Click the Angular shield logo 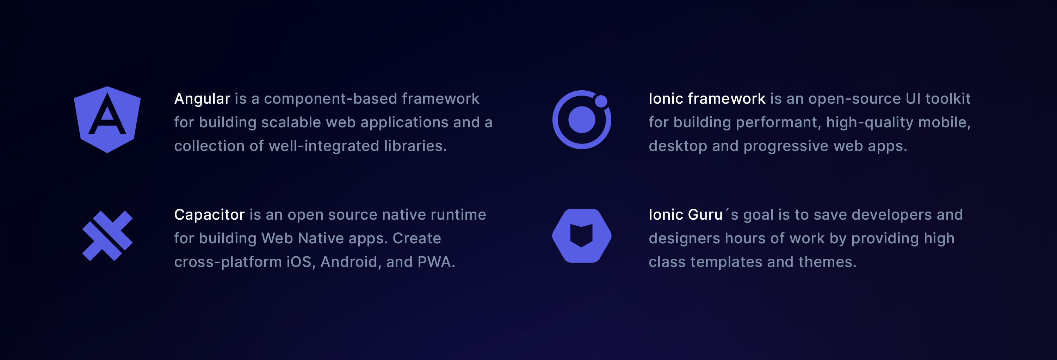[107, 120]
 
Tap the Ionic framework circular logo [581, 120]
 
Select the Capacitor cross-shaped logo [107, 236]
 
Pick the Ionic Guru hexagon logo [581, 236]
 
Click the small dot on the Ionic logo [601, 101]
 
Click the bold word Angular [202, 99]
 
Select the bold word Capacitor [209, 215]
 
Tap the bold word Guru [705, 215]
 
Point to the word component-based [330, 99]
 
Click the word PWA [436, 262]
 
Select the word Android [349, 262]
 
